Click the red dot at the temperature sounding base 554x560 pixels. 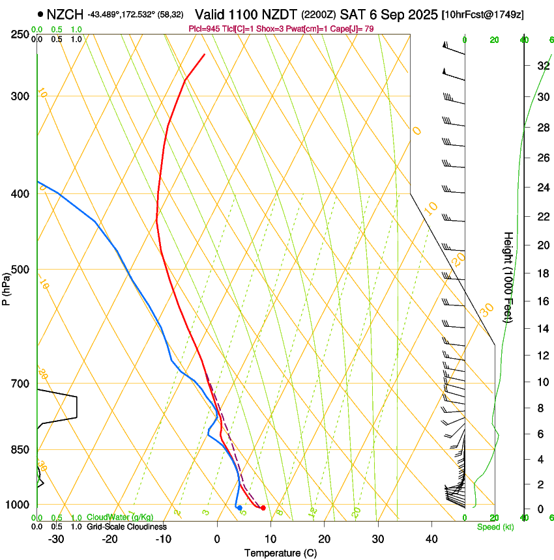[x=263, y=508]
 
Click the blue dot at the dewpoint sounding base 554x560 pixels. [x=240, y=508]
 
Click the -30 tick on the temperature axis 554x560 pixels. [x=56, y=539]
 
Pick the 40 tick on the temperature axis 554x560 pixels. [x=431, y=539]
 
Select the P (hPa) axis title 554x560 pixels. [x=7, y=287]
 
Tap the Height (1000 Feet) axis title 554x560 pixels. [x=508, y=277]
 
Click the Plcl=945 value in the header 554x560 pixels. [x=202, y=29]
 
